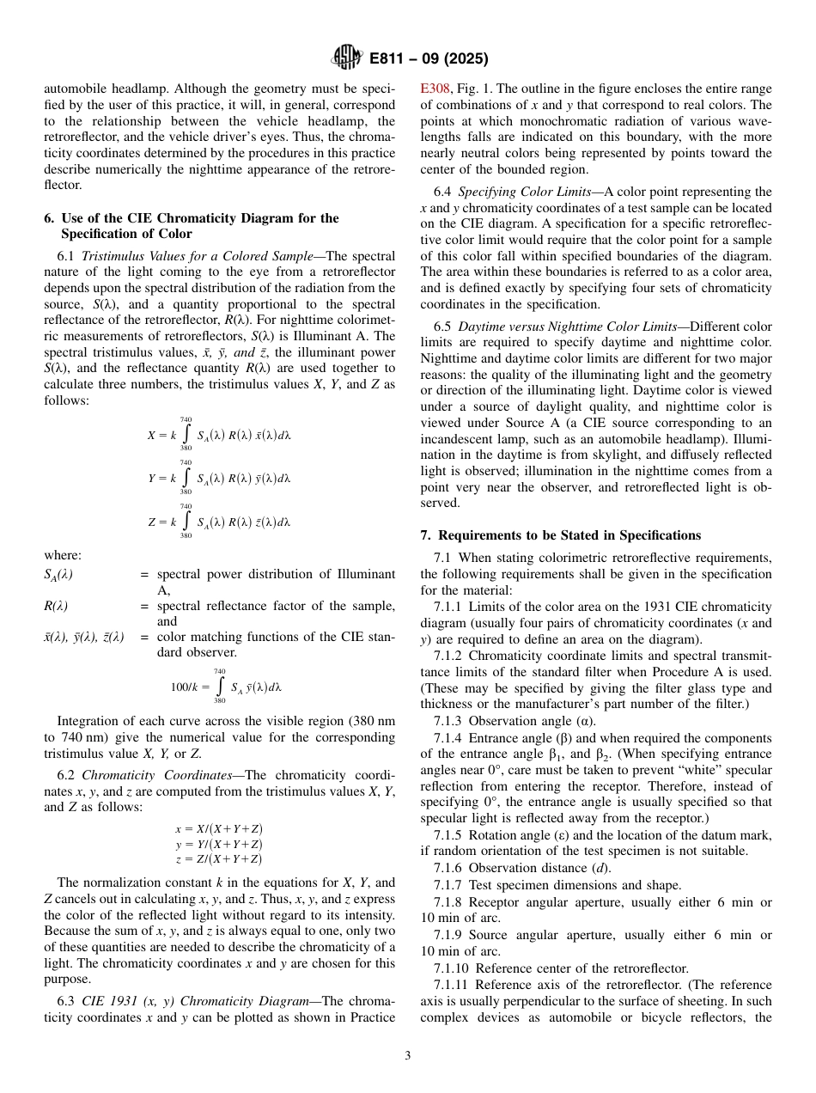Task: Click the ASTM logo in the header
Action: click(x=347, y=58)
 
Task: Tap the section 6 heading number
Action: click(x=49, y=218)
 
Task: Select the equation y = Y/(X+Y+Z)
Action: click(x=218, y=844)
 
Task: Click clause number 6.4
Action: click(x=442, y=192)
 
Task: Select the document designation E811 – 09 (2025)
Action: click(x=429, y=58)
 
